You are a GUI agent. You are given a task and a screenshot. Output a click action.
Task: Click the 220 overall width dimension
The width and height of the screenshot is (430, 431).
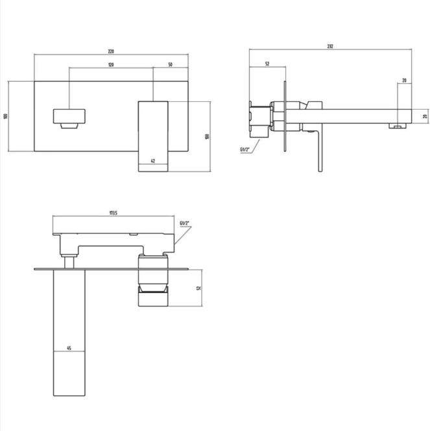[111, 51]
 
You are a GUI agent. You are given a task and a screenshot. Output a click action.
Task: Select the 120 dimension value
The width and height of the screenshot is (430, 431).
[111, 65]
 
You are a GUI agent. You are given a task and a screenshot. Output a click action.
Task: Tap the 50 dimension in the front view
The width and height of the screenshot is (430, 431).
[171, 65]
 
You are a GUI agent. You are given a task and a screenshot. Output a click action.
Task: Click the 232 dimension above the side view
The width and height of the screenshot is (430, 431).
[331, 47]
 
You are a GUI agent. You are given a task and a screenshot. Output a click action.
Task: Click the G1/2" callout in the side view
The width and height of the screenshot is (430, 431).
[245, 150]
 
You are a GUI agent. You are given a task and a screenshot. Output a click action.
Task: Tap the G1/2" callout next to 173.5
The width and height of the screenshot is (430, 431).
[185, 225]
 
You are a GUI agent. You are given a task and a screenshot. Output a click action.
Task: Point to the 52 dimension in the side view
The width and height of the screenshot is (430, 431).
[267, 64]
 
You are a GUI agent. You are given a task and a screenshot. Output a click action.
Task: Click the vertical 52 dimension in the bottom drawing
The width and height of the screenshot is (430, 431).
[199, 288]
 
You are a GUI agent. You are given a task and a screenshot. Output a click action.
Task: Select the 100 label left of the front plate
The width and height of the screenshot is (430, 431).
[5, 116]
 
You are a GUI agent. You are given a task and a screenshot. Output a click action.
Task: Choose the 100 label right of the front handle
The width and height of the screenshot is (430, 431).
[207, 136]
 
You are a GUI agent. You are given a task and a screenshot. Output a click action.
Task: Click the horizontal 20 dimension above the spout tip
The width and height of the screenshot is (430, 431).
[404, 80]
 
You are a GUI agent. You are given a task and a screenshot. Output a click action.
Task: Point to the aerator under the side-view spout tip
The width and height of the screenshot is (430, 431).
[396, 126]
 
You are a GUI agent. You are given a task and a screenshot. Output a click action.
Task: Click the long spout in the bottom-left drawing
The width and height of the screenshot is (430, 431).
[69, 331]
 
